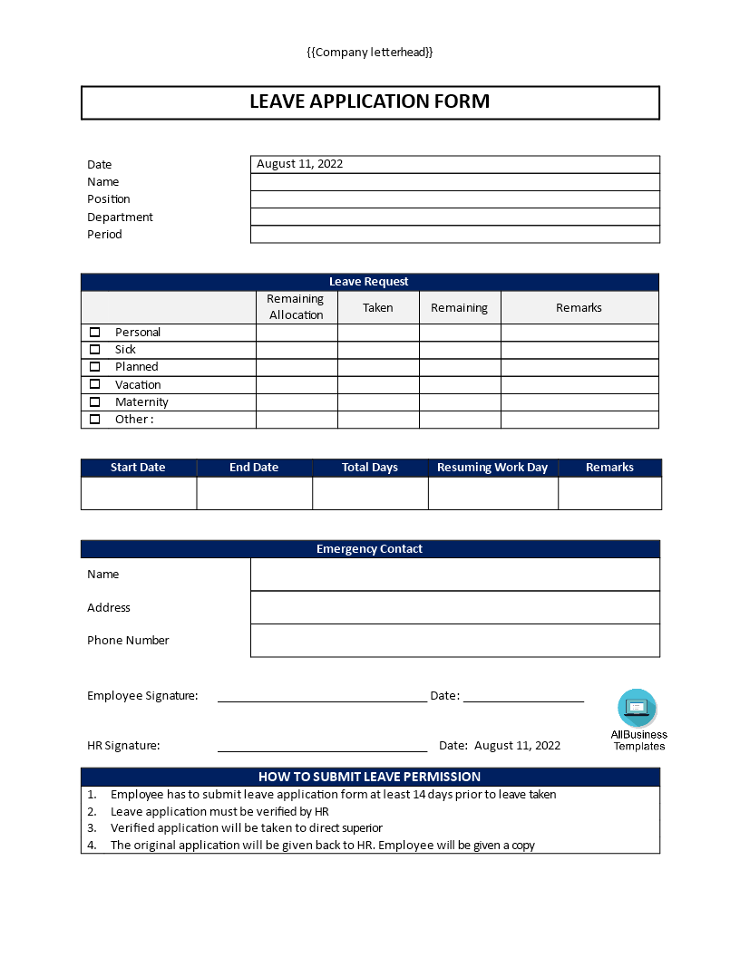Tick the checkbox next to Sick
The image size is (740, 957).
coord(95,349)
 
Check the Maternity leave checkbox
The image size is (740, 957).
coord(95,401)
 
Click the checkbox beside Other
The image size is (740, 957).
coord(95,419)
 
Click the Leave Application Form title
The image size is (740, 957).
coord(370,101)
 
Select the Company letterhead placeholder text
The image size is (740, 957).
coord(370,53)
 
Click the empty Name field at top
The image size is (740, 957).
coord(454,182)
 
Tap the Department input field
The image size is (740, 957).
coord(454,217)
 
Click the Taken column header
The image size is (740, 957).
coord(378,308)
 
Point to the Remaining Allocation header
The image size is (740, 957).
coord(296,307)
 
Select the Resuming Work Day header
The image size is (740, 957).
coord(492,468)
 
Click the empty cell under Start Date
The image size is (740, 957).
coord(139,493)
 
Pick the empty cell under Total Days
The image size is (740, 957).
coord(370,493)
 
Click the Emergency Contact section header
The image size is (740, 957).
coord(370,549)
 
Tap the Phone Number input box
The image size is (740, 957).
coord(454,641)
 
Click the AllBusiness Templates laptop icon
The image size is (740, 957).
coord(638,707)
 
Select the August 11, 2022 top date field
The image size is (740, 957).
coord(454,164)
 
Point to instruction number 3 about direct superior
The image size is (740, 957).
coord(246,827)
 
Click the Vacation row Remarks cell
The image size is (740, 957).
coord(579,384)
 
